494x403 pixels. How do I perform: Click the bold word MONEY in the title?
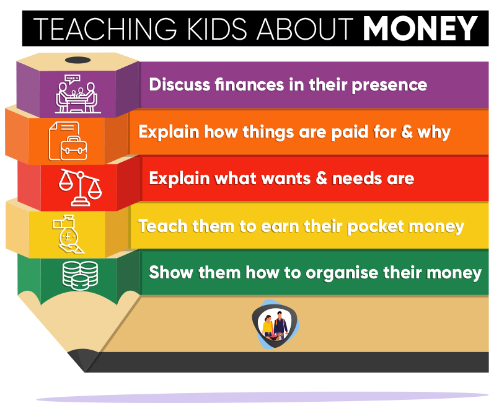[420, 29]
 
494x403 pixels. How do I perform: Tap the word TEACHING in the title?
[105, 29]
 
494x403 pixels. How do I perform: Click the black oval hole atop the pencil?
[78, 60]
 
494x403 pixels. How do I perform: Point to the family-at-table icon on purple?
[77, 94]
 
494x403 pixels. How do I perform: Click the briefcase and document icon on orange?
[68, 141]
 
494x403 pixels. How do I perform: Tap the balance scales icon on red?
[81, 187]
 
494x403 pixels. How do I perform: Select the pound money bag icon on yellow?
[68, 234]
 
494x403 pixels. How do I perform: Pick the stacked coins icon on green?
[80, 275]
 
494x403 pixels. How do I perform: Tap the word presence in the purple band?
[389, 86]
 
